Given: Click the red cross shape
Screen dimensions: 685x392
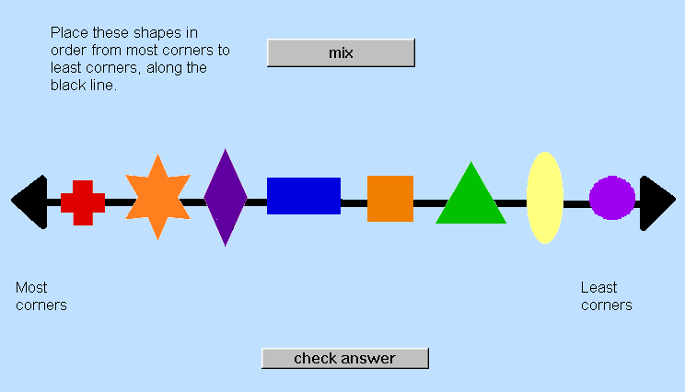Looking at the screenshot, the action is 83,203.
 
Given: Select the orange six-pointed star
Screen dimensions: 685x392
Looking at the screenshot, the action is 157,197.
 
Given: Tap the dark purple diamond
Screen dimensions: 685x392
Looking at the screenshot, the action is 226,197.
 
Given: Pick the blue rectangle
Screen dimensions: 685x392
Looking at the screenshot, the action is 304,196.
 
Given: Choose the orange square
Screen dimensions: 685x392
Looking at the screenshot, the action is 390,199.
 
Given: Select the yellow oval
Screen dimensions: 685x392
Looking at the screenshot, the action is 545,198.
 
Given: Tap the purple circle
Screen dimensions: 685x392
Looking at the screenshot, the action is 612,198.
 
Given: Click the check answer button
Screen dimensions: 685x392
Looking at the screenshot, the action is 345,358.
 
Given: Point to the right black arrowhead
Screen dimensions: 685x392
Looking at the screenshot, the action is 656,203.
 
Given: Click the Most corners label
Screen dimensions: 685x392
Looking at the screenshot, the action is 41,296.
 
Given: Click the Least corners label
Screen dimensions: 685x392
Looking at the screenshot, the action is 607,296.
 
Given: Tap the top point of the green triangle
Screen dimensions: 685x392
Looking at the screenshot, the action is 471,162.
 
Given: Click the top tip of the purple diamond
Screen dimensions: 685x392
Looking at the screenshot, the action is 226,149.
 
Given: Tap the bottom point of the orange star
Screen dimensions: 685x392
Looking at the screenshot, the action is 157,240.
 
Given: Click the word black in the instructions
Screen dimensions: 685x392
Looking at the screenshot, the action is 68,85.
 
